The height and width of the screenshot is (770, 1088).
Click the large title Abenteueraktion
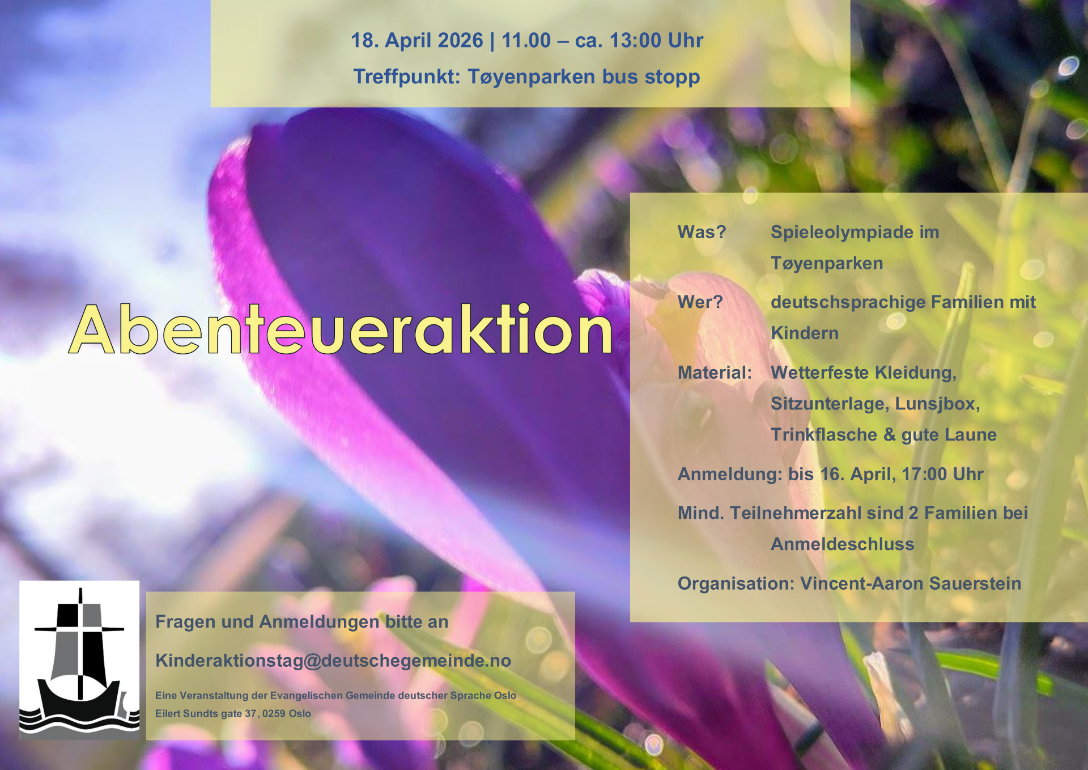tap(341, 329)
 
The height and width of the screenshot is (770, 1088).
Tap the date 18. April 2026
tap(417, 40)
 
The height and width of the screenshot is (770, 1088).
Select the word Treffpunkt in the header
tap(406, 77)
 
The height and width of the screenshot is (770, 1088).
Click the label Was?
tap(702, 232)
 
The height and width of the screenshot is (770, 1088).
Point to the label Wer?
tap(700, 302)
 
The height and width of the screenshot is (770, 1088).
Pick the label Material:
tap(715, 373)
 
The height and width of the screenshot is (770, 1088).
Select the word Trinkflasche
tap(824, 434)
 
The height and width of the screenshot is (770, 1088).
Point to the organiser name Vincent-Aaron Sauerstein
tap(911, 583)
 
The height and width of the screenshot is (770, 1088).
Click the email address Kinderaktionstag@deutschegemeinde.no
tap(333, 661)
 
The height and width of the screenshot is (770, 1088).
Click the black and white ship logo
tap(79, 660)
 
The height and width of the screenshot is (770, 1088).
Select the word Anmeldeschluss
tap(842, 544)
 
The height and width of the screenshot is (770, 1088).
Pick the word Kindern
tap(805, 333)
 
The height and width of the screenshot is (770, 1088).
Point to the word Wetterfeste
tap(820, 373)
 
